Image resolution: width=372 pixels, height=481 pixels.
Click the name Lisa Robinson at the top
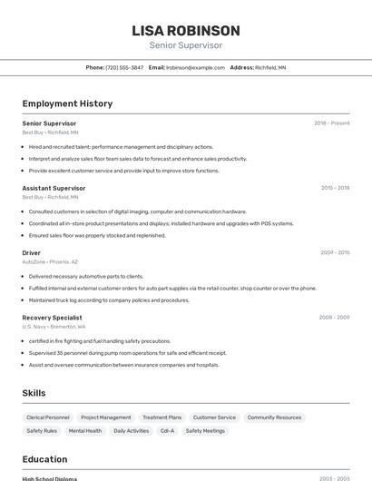(x=185, y=31)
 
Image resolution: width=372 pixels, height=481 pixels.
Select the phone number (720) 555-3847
(x=124, y=67)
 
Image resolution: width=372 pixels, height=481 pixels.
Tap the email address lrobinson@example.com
(x=195, y=67)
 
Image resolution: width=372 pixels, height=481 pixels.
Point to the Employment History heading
(x=67, y=103)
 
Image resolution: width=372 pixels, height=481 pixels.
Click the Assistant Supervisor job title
(x=54, y=188)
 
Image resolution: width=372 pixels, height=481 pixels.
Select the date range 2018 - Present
(x=331, y=123)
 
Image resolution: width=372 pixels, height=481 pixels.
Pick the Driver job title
(x=32, y=252)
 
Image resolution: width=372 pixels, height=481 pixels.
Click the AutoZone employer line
(x=50, y=261)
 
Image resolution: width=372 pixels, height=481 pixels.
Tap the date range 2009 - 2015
(x=334, y=252)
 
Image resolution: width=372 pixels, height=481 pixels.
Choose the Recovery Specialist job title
(x=52, y=318)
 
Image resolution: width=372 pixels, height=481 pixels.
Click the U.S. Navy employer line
(x=54, y=327)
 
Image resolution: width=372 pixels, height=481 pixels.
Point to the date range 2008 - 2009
(x=334, y=318)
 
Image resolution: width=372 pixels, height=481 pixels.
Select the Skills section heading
(x=34, y=393)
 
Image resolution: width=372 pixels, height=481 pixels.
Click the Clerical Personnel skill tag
(x=48, y=417)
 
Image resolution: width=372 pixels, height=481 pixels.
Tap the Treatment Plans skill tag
(x=162, y=417)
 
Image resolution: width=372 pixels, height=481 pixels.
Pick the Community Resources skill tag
(x=274, y=417)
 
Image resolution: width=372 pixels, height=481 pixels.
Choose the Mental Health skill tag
(x=85, y=431)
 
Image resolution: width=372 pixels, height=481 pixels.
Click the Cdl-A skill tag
(x=167, y=431)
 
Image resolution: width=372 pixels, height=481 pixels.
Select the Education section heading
(x=44, y=459)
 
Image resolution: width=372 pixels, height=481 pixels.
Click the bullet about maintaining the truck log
(x=109, y=300)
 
